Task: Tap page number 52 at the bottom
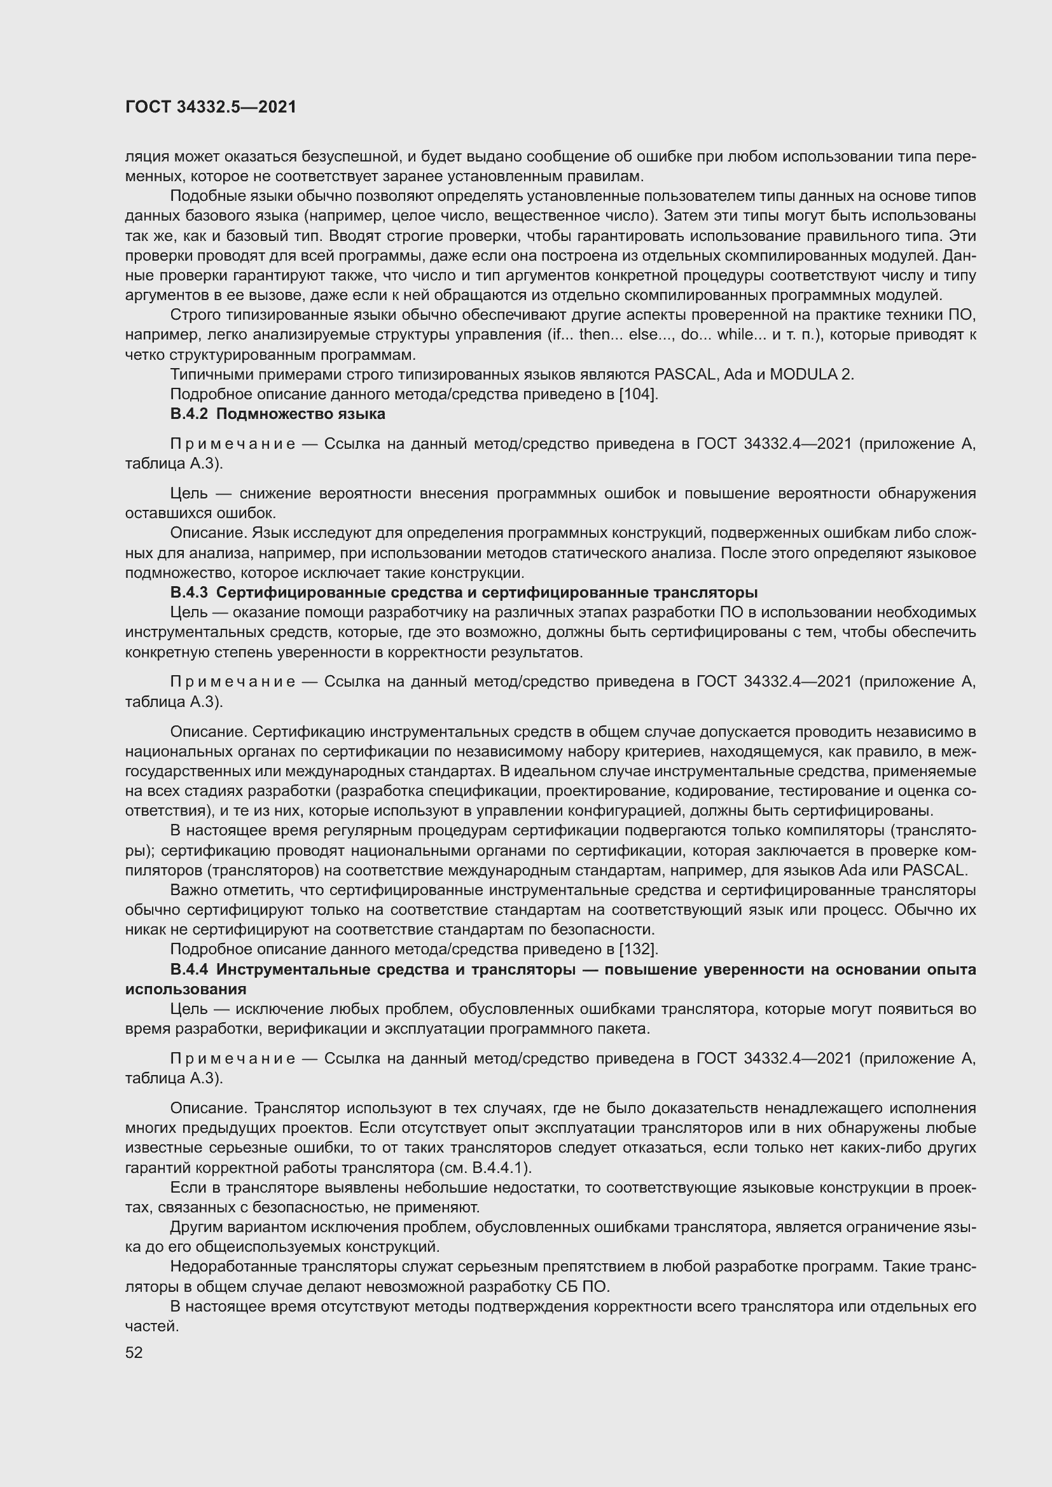click(134, 1352)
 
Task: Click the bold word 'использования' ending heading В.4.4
click(185, 989)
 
